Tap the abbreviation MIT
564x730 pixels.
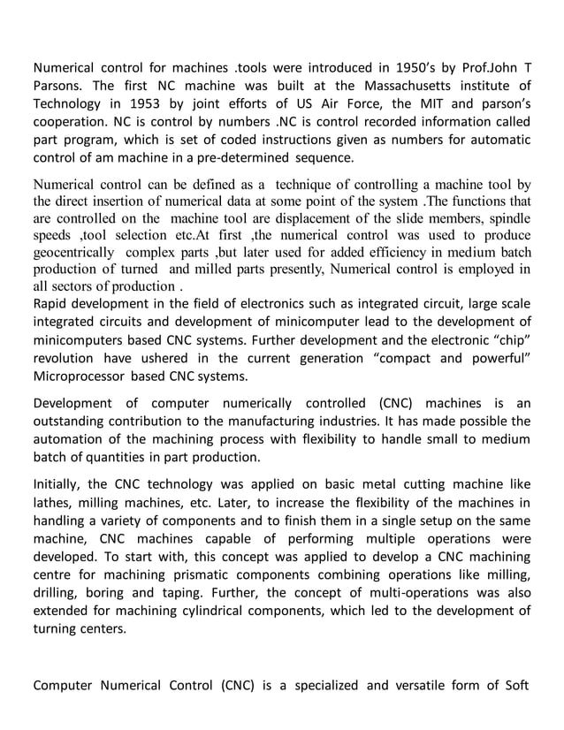tap(432, 104)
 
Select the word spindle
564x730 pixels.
tap(507, 217)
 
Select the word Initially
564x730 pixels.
tap(58, 484)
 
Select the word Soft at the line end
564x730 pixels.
tap(515, 685)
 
